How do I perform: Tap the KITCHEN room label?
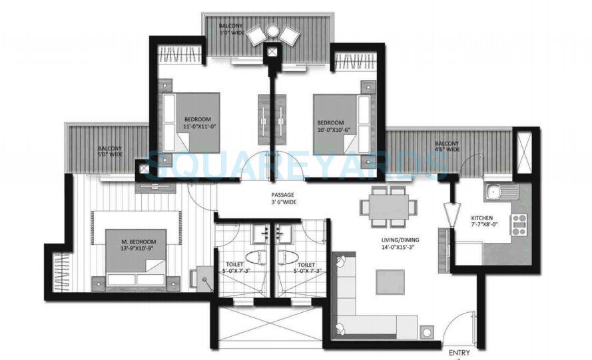coord(481,218)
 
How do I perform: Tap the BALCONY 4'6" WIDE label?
coord(447,146)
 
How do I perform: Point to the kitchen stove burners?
coord(519,224)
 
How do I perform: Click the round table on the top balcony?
coord(272,31)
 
